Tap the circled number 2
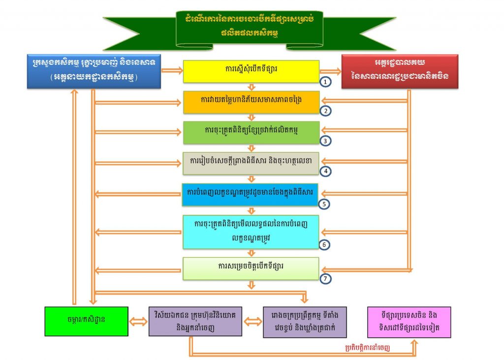coord(326,111)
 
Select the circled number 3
coord(326,141)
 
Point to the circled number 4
coord(326,171)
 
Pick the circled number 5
coord(326,203)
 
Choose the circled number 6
coord(326,244)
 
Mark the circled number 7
coord(326,278)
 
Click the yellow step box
coord(251,71)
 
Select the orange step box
coord(251,101)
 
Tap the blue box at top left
coord(94,71)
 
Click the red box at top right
coord(400,71)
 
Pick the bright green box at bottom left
coord(86,322)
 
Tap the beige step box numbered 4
coord(251,162)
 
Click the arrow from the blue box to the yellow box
coord(172,71)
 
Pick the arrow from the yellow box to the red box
coord(330,71)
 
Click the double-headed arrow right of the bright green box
coord(138,322)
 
